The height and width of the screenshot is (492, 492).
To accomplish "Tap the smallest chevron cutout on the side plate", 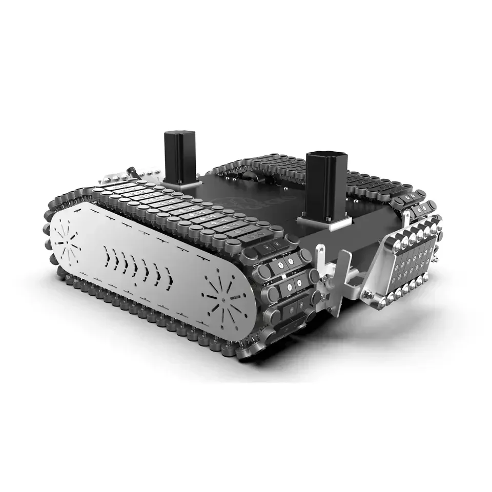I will coord(106,252).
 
